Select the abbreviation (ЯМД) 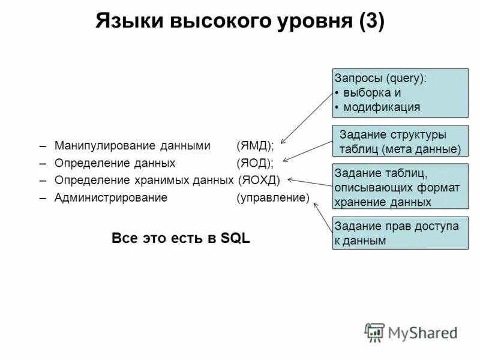256,146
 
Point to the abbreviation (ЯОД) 255,163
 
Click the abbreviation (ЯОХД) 259,180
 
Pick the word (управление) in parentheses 273,197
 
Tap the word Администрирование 111,197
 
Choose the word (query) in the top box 406,79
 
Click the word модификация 382,107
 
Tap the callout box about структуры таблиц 400,142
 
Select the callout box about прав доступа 400,233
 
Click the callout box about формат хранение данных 400,187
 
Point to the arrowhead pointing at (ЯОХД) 290,179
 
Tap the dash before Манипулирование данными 43,146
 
